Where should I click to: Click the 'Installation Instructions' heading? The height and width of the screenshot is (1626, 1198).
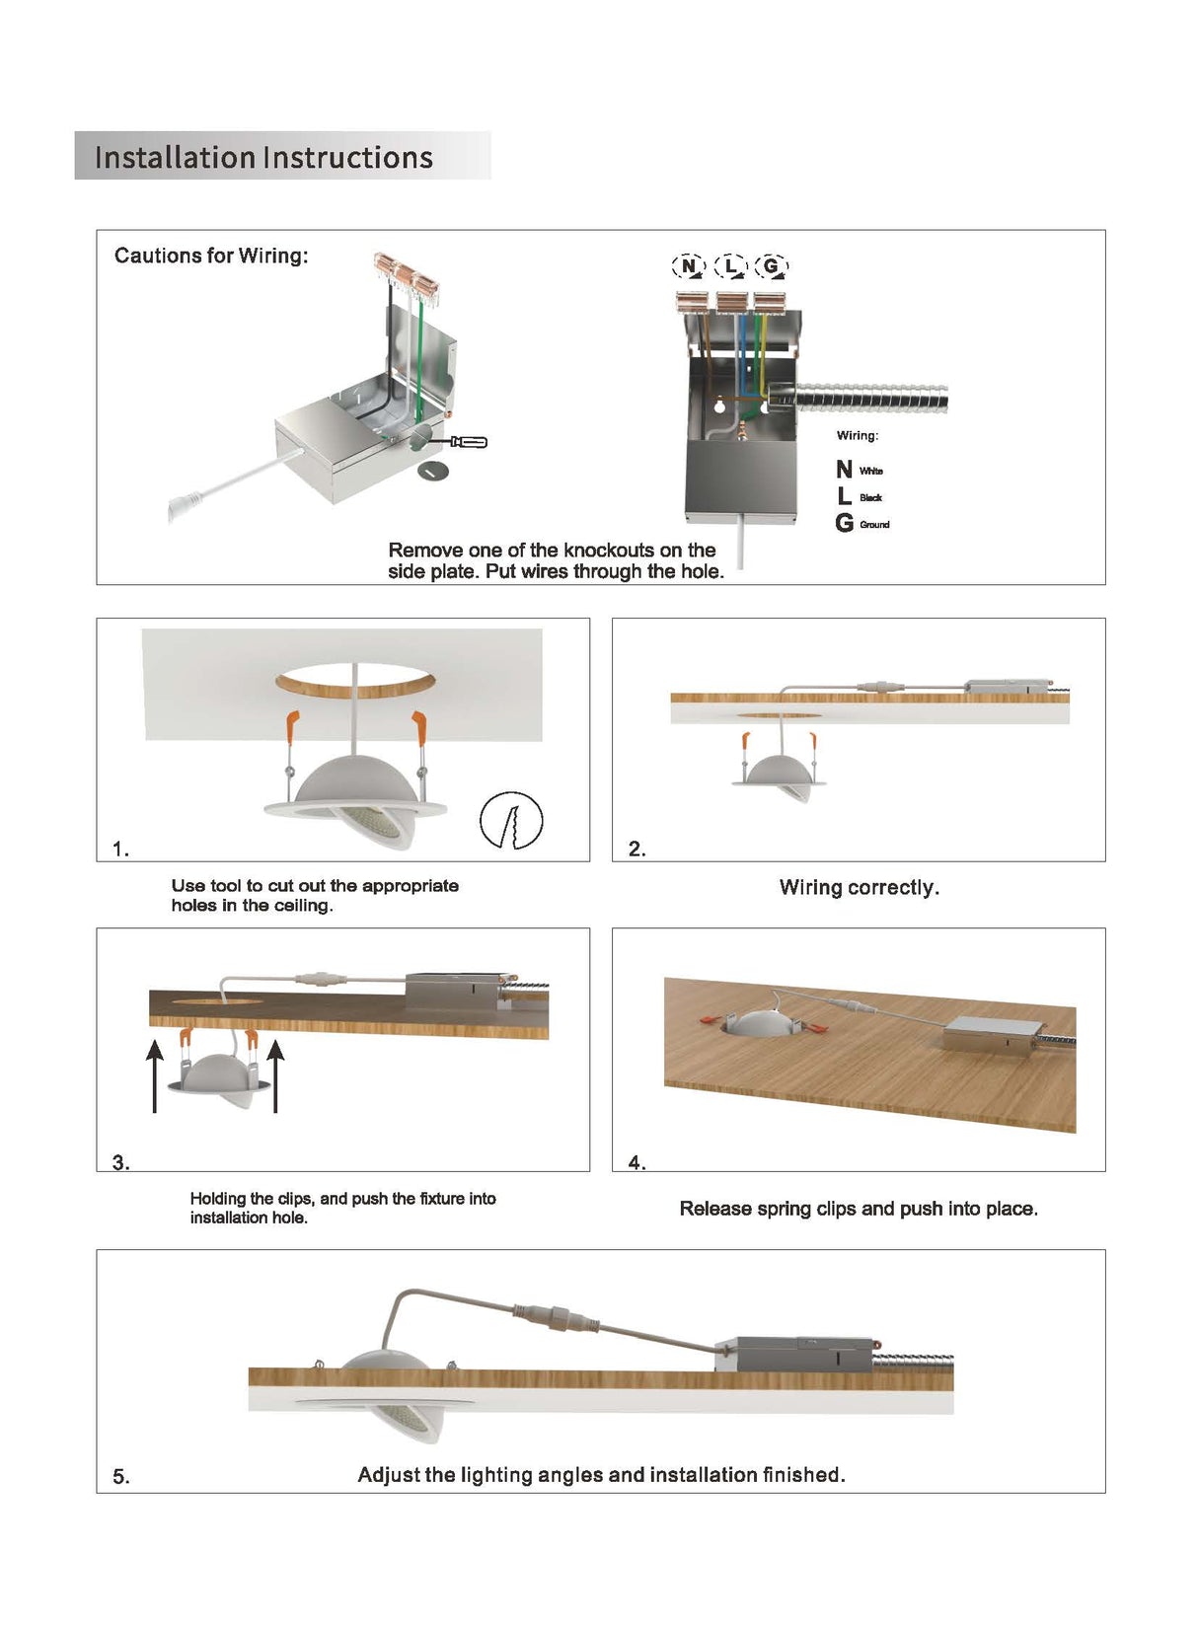tap(263, 157)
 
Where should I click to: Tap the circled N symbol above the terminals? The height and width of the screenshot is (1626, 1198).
tap(688, 265)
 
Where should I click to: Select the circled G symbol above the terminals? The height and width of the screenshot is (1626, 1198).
tap(771, 265)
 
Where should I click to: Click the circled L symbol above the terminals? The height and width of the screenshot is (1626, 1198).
tap(730, 265)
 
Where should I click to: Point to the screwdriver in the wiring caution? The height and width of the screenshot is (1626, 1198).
tap(466, 441)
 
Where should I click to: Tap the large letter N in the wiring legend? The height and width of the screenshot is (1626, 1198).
tap(844, 470)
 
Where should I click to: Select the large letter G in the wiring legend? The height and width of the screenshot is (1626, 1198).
tap(844, 523)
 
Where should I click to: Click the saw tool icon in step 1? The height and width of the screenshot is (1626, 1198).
tap(511, 820)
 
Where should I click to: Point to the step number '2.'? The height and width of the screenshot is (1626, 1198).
tap(636, 849)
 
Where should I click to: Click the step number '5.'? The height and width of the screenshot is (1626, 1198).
tap(120, 1476)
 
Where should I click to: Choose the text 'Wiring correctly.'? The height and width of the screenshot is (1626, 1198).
tap(859, 887)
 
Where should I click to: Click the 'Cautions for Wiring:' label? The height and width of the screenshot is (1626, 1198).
tap(211, 256)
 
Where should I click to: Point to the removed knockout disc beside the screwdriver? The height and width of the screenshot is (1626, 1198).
tap(432, 472)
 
